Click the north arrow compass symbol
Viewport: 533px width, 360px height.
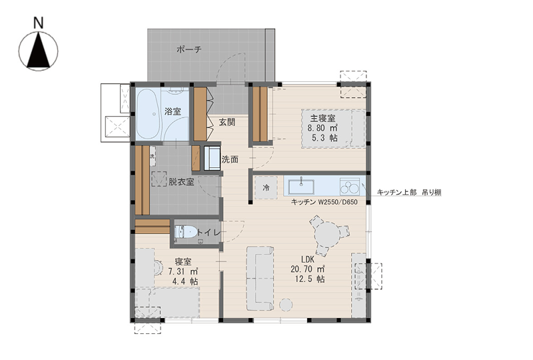[39, 51]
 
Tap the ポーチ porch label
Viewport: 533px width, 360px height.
[189, 49]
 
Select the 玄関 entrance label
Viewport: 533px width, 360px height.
[227, 122]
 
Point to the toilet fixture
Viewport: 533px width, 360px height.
[186, 233]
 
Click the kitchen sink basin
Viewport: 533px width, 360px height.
[301, 187]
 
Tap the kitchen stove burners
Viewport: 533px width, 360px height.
[350, 187]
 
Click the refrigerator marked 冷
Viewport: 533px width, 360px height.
[266, 187]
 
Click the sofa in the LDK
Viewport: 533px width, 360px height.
[260, 279]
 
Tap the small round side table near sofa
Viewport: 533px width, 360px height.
[286, 305]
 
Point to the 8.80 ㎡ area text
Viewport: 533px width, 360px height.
[322, 128]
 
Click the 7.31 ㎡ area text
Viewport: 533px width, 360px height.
[183, 271]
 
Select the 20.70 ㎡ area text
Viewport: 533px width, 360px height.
[308, 269]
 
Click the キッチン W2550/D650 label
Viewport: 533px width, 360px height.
[324, 202]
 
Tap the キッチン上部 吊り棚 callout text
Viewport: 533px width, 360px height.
[409, 192]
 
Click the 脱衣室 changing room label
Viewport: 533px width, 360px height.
[181, 182]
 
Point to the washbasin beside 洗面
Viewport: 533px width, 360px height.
[213, 158]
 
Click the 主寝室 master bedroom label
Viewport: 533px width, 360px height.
[322, 119]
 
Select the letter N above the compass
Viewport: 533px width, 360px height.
[39, 23]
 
